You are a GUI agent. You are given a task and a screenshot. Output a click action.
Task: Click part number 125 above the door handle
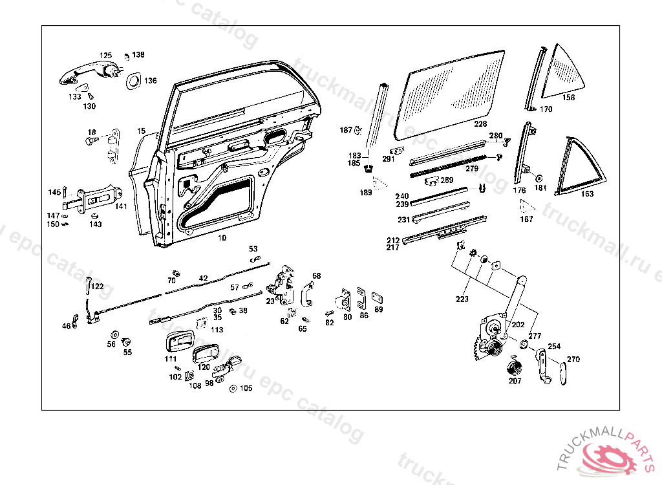[x=105, y=56]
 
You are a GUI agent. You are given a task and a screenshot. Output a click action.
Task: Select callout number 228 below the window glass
[x=480, y=124]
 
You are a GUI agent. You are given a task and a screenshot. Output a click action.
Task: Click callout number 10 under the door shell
[x=222, y=238]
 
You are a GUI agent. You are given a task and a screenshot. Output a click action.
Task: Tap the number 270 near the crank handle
[x=573, y=360]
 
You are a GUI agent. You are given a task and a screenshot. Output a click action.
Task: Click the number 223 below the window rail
[x=462, y=299]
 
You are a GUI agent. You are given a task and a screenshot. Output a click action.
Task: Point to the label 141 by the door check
[x=122, y=206]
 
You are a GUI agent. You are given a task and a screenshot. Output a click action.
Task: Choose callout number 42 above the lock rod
[x=203, y=278]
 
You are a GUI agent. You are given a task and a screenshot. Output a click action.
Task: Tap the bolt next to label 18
[x=91, y=140]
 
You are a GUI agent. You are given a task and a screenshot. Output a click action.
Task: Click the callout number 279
[x=472, y=169]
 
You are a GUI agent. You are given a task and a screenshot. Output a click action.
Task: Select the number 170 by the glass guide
[x=546, y=109]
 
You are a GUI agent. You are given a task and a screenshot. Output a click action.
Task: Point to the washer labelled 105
[x=233, y=388]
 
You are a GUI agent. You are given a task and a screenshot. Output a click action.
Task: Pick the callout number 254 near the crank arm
[x=554, y=347]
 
